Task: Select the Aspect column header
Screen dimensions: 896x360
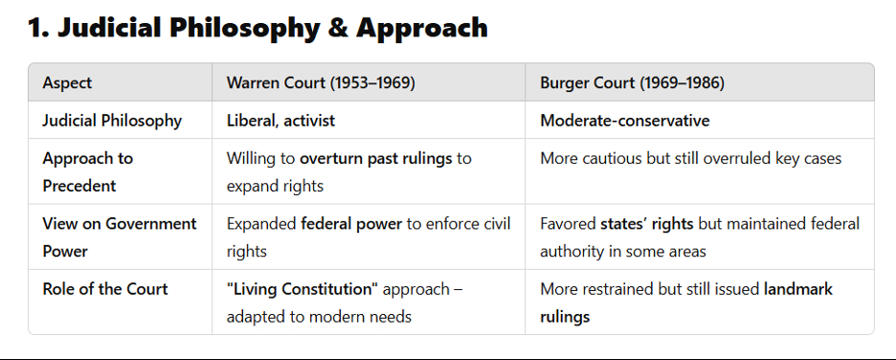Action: (67, 83)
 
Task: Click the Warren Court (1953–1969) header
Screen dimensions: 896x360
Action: (321, 83)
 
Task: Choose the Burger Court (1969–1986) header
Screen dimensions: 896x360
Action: (632, 83)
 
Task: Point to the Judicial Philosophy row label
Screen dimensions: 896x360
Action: (112, 121)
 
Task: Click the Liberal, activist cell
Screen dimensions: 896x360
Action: (280, 121)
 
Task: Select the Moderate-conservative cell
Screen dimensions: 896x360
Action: (624, 121)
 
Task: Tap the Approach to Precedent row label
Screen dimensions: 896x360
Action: (87, 172)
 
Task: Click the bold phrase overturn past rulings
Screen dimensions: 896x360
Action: (376, 158)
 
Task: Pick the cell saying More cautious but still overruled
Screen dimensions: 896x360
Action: (691, 158)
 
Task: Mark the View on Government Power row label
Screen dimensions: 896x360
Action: (120, 237)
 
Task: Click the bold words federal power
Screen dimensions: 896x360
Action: (351, 223)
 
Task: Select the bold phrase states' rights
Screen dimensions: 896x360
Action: (647, 223)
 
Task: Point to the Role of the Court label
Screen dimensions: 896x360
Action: (105, 288)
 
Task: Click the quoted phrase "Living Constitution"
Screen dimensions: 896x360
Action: (302, 288)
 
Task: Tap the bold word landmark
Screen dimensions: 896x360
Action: (798, 288)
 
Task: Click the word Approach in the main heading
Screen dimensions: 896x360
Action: (422, 29)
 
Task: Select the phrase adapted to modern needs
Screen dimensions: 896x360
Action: (319, 316)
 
